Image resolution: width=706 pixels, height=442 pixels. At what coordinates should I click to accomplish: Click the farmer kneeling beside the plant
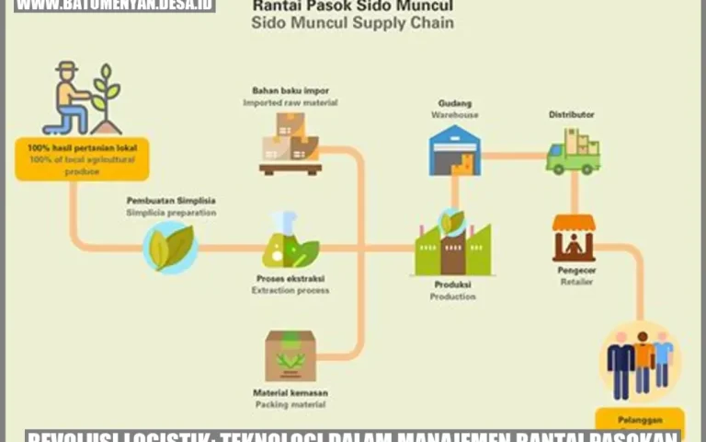71,99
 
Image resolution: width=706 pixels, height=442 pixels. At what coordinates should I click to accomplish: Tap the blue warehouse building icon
454,150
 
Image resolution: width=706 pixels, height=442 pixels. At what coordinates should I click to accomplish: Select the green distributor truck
573,152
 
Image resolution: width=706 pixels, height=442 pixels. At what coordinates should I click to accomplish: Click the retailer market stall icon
574,238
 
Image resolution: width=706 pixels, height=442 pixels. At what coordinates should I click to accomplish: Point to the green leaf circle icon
171,248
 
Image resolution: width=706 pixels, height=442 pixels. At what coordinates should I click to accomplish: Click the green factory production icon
452,244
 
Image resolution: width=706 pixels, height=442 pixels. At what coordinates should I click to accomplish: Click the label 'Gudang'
454,103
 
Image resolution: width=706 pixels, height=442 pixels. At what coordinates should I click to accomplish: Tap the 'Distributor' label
571,114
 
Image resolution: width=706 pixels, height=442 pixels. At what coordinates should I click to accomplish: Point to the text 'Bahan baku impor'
290,90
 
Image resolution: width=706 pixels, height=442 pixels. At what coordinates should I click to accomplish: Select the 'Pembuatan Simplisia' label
171,200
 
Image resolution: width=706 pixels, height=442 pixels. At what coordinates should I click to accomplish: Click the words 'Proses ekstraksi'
290,278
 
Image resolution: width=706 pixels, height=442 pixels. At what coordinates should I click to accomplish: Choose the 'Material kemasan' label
290,392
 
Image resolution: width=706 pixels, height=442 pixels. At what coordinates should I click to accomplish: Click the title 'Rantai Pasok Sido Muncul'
352,6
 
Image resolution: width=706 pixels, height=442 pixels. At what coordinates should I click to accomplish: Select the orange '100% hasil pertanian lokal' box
82,158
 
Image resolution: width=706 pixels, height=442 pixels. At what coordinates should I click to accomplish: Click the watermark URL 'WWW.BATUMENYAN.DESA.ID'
115,6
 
